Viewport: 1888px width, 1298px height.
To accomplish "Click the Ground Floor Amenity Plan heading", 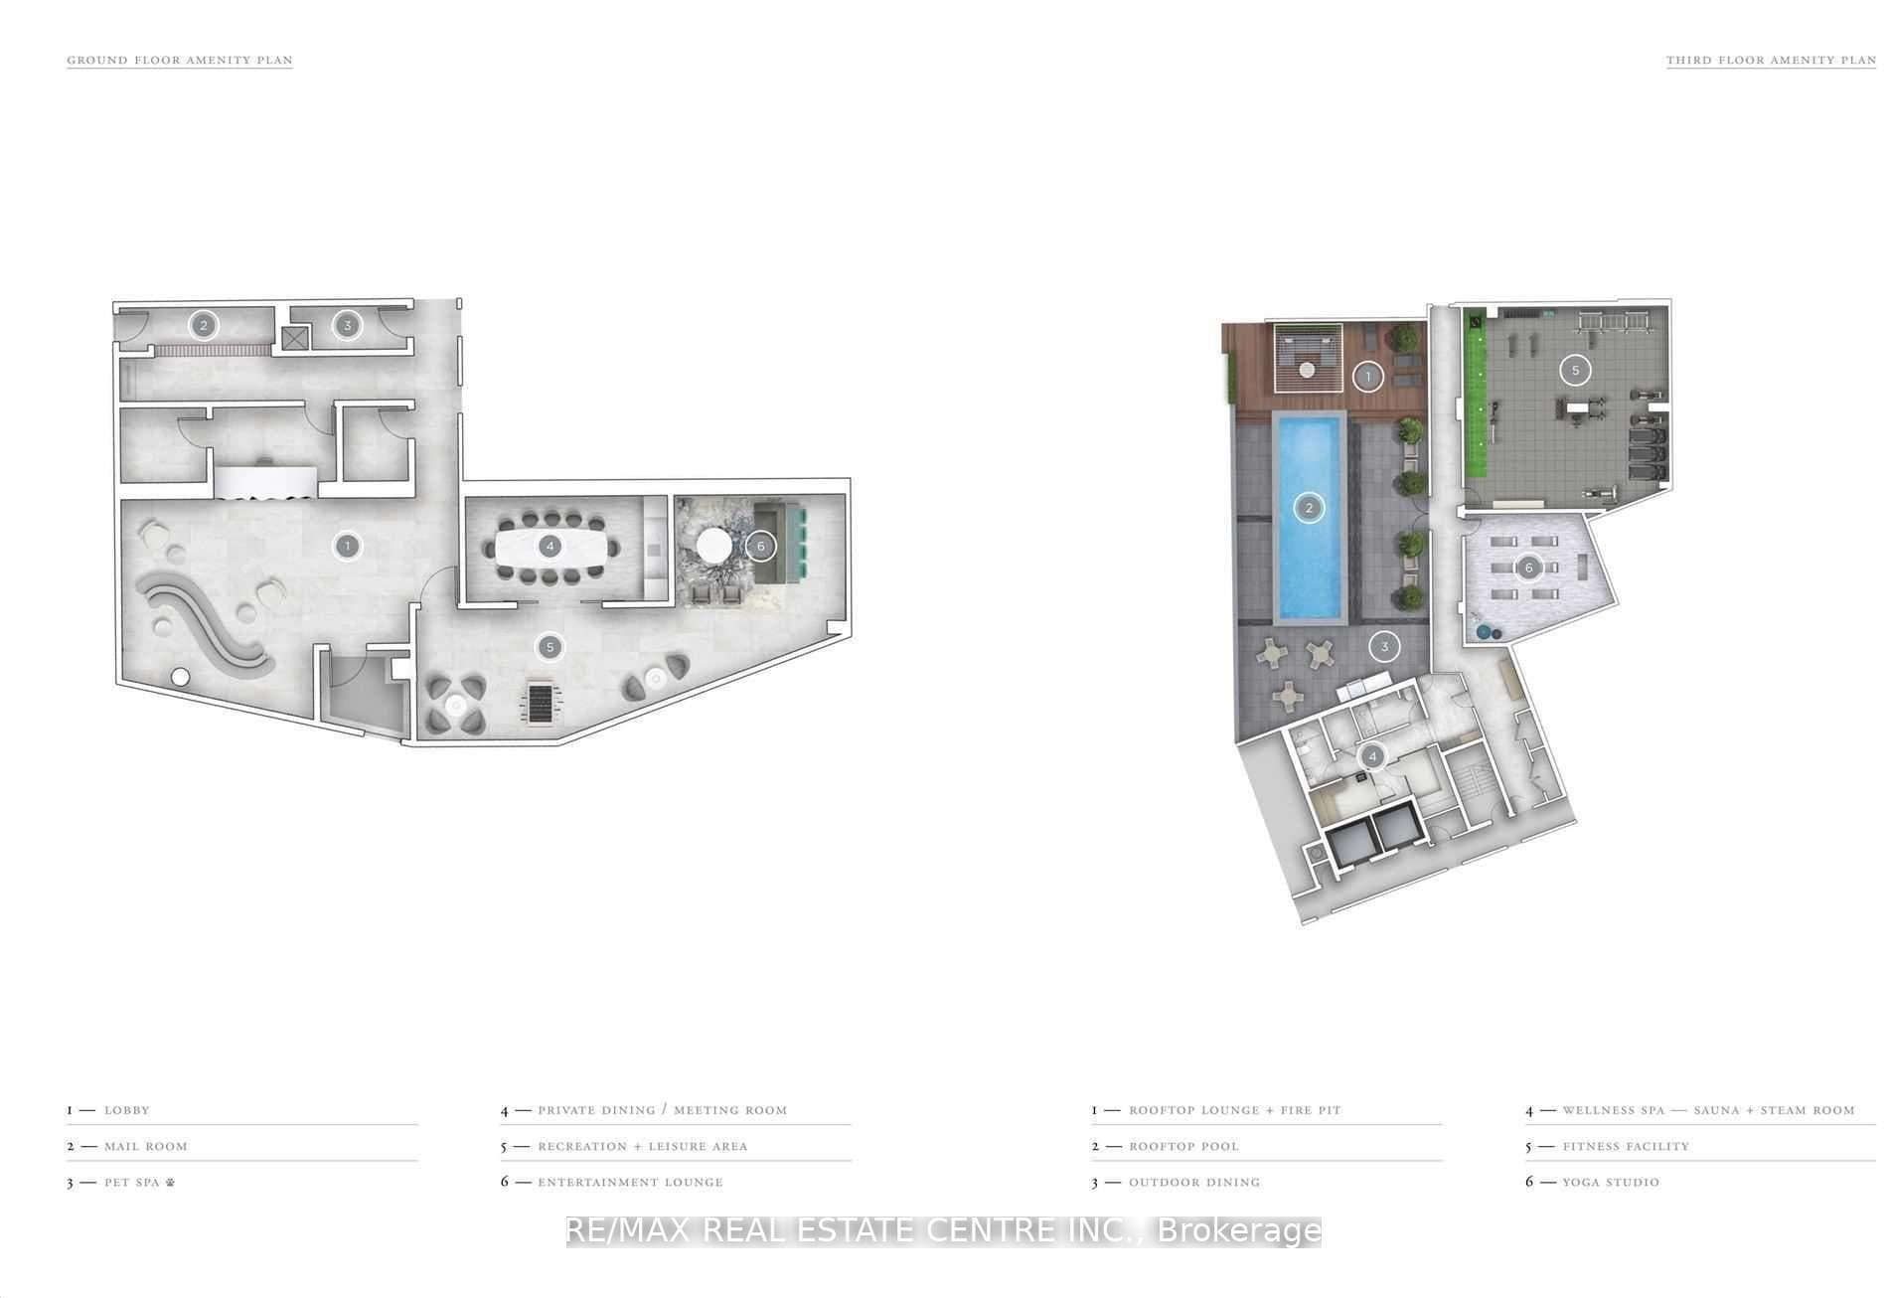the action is (x=180, y=60).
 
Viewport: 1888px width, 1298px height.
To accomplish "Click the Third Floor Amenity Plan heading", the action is (x=1771, y=60).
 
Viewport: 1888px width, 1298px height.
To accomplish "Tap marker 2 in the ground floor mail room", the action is (x=204, y=325).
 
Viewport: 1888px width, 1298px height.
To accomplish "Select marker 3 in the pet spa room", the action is (x=347, y=325).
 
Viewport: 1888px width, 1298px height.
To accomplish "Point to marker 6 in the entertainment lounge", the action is (x=761, y=546).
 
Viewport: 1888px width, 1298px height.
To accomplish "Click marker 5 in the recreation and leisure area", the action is (x=550, y=647).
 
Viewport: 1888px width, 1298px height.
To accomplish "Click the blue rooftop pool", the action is (x=1309, y=517).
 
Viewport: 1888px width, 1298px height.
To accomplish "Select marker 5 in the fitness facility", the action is (x=1575, y=371).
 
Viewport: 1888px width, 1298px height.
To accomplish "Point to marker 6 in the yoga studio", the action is (x=1528, y=568).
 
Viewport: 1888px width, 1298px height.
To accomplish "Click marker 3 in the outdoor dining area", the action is (x=1384, y=647).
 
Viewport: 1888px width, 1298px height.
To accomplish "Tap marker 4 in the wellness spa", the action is (x=1372, y=757).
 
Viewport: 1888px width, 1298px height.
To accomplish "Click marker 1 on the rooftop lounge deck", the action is (x=1368, y=377).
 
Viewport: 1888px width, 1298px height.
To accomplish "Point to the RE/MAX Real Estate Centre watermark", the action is (x=944, y=1231).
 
